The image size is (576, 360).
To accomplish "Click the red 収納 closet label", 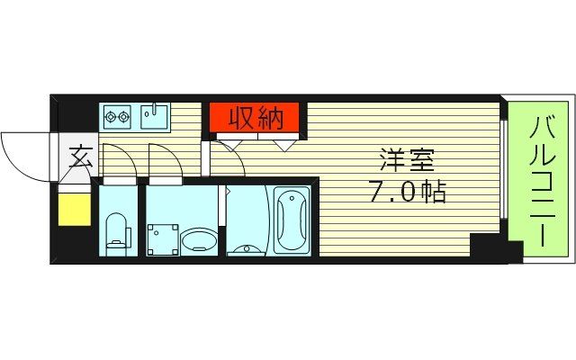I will (x=256, y=118).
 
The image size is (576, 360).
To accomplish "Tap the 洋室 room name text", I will (x=406, y=163).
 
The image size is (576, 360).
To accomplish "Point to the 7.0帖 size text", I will (x=406, y=192).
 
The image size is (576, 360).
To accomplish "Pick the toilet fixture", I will (x=117, y=231).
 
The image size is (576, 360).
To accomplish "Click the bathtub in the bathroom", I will (x=291, y=220).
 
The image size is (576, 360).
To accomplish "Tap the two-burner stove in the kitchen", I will (x=118, y=116).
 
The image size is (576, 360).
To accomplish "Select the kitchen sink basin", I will (x=155, y=117).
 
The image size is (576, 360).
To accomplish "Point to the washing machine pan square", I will (x=164, y=238).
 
